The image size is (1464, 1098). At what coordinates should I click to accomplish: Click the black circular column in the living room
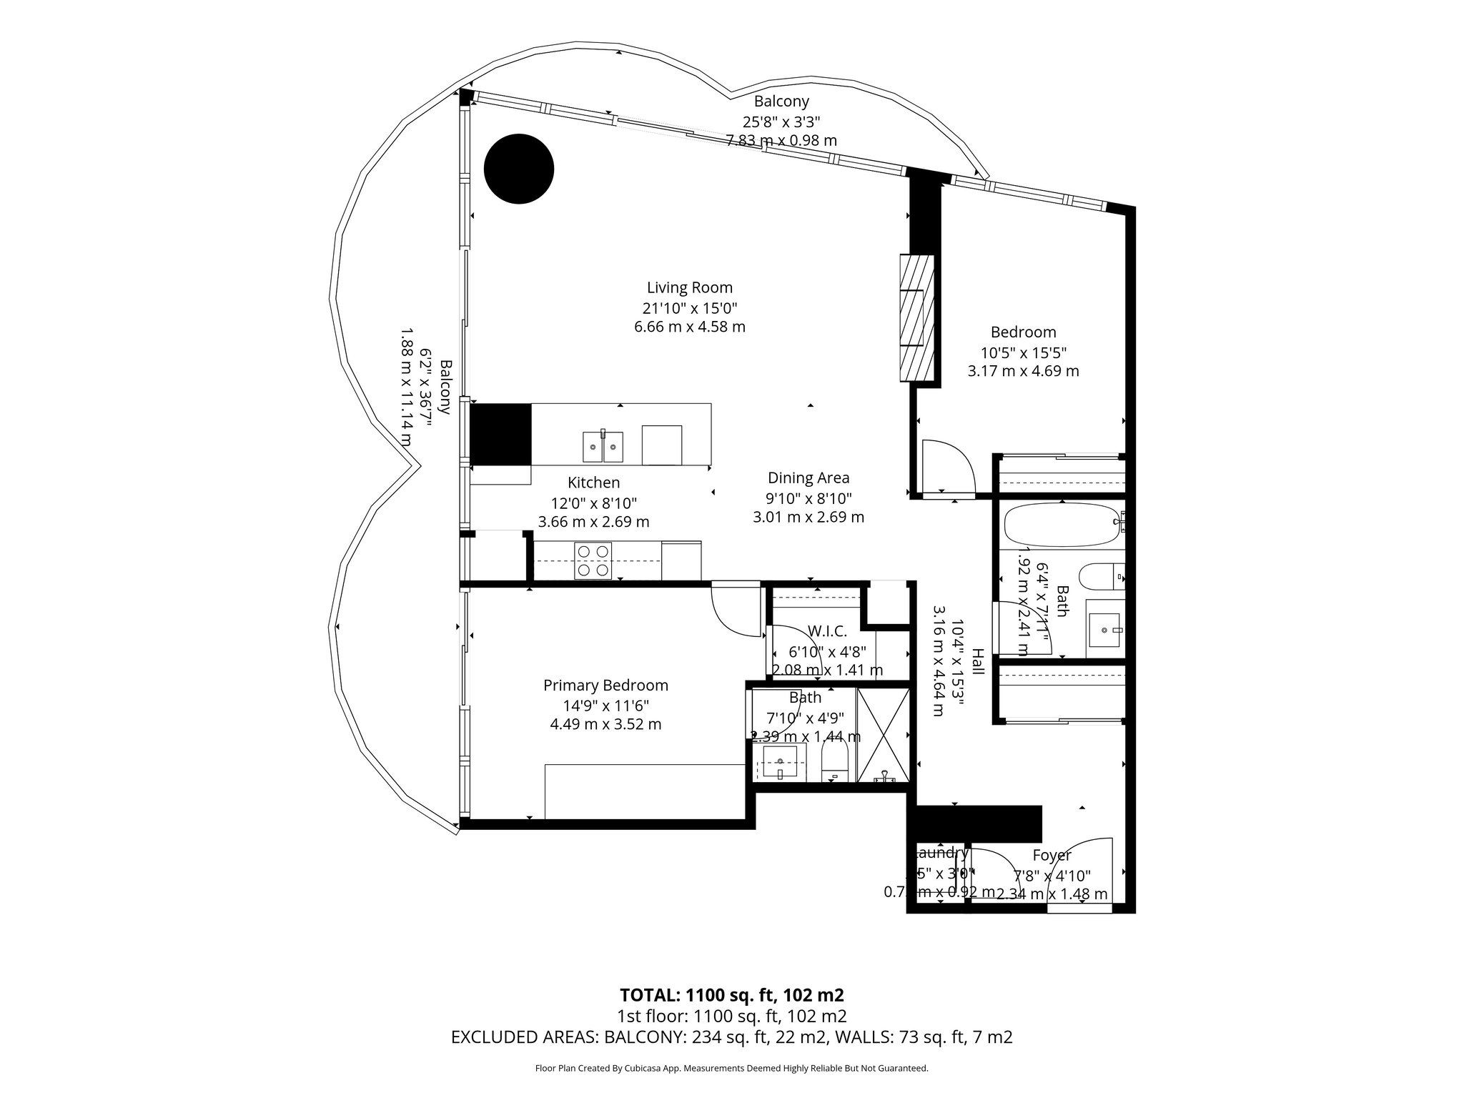(519, 169)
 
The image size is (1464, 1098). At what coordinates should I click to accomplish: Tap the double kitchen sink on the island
(603, 447)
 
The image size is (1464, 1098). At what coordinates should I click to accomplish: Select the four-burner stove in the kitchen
(593, 560)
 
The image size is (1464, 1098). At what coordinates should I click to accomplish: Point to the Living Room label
(689, 287)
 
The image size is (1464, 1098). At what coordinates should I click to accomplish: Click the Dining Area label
(808, 478)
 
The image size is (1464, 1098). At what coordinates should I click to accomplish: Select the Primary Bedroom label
(605, 685)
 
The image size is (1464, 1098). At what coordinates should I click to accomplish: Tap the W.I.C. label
(827, 631)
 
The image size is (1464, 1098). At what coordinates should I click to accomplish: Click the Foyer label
(1052, 855)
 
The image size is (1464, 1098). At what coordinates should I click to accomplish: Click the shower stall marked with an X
(884, 736)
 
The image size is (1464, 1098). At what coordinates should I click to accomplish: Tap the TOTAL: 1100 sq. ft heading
(731, 994)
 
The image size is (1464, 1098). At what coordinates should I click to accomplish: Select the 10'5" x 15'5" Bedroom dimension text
(1023, 352)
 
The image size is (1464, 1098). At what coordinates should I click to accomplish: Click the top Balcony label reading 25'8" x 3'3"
(781, 122)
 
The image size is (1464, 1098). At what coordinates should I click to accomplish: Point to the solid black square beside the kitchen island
(500, 434)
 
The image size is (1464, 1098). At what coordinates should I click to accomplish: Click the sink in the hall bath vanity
(1104, 630)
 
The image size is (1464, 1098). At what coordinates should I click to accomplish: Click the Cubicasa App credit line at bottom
(731, 1068)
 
